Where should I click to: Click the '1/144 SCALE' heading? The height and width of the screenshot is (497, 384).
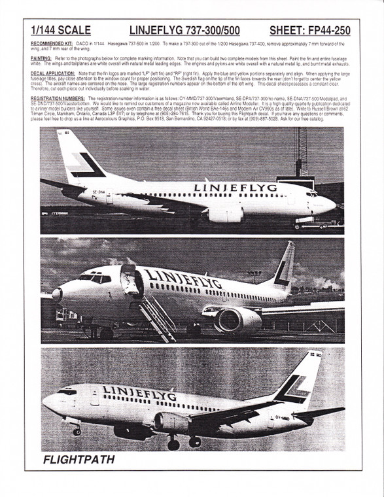click(60, 31)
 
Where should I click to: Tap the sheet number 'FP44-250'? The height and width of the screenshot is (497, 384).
click(311, 31)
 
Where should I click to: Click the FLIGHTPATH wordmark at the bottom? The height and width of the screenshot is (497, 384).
click(79, 460)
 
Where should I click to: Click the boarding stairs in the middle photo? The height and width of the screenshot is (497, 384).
click(157, 318)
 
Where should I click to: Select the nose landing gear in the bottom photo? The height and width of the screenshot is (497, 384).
click(77, 429)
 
